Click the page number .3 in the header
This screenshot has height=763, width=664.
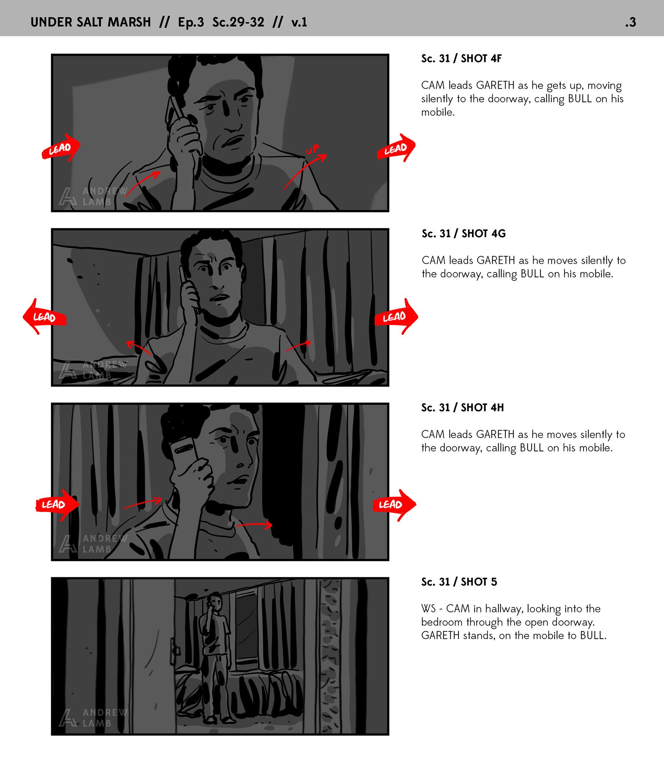click(x=630, y=22)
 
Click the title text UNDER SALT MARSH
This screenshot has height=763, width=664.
click(x=91, y=22)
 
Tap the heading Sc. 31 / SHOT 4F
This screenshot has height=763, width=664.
click(x=461, y=58)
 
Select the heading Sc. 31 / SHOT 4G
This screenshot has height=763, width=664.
click(x=463, y=233)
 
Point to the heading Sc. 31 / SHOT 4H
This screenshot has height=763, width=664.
click(x=462, y=408)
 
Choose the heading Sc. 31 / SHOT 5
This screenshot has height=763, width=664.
click(x=459, y=582)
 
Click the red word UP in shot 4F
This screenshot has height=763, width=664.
click(x=312, y=149)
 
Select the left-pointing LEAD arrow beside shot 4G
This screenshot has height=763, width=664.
click(x=45, y=317)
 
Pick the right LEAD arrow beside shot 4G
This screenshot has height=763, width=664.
click(x=396, y=317)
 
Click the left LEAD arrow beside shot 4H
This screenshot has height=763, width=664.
click(x=57, y=505)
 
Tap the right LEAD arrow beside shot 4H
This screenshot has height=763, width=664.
click(x=394, y=505)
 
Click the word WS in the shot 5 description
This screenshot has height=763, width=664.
click(x=428, y=609)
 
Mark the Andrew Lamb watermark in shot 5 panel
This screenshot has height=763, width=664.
click(x=93, y=718)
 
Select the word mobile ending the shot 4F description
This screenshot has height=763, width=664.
click(x=437, y=112)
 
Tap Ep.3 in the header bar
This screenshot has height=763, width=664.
click(x=191, y=22)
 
